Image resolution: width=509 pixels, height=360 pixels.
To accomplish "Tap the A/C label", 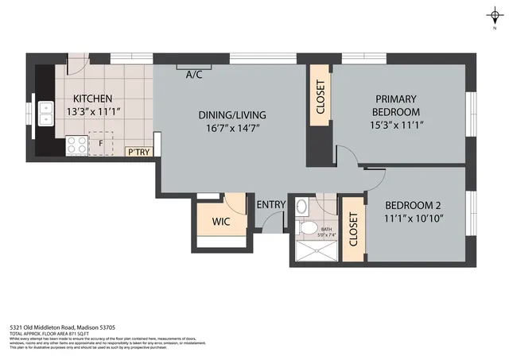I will click(x=193, y=75).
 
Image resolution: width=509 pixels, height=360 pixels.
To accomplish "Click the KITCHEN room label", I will click(x=86, y=99).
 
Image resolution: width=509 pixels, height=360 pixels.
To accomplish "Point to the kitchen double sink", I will click(x=45, y=114).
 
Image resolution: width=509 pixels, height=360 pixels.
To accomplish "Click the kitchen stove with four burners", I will click(x=76, y=145).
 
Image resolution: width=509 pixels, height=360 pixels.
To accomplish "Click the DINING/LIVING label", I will click(x=232, y=115).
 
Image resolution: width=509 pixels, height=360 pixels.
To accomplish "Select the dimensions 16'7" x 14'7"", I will click(x=231, y=128).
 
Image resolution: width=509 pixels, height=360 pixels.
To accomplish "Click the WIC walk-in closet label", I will click(x=220, y=222).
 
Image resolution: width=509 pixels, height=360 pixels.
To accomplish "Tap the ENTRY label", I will click(x=270, y=205).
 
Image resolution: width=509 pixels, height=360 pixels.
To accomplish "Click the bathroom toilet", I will click(x=307, y=227).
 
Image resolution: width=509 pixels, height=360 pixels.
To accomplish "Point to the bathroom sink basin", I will click(x=301, y=206).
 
